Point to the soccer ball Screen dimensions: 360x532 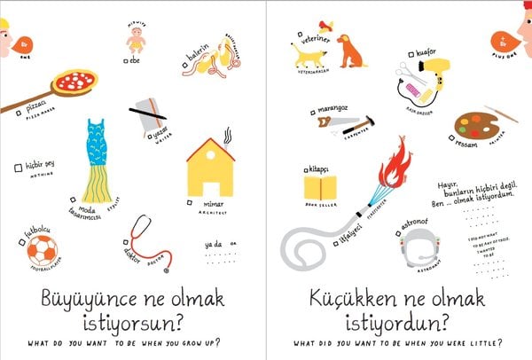(x=39, y=256)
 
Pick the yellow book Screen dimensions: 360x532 (x=320, y=187)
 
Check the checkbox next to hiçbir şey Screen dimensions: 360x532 (x=19, y=167)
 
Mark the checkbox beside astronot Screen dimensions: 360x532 (x=399, y=233)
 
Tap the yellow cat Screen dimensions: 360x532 (x=309, y=58)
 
